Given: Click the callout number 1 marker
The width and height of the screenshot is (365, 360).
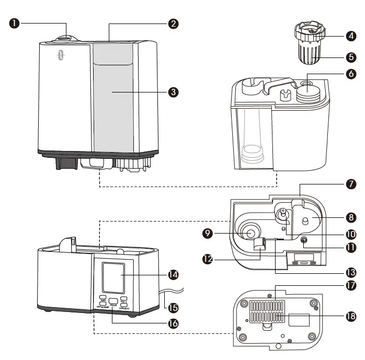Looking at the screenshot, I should click(15, 24).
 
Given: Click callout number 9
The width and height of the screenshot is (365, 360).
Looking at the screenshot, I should click(208, 233).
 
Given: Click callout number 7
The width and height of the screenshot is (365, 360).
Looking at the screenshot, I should click(351, 184).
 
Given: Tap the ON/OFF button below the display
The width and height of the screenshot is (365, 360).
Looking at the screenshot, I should click(113, 301).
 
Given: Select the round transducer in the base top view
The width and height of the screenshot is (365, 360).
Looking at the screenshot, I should click(250, 232).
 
